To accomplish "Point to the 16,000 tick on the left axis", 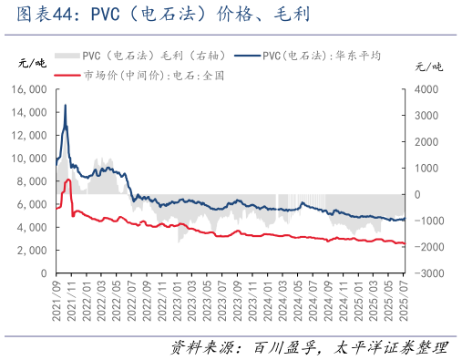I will click(28, 89).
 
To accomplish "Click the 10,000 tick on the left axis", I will click(28, 158).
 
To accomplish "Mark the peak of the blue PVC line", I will click(65, 106).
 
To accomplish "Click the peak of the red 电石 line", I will click(68, 180).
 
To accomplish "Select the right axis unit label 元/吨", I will click(427, 67).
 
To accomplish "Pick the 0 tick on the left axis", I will click(43, 273).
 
